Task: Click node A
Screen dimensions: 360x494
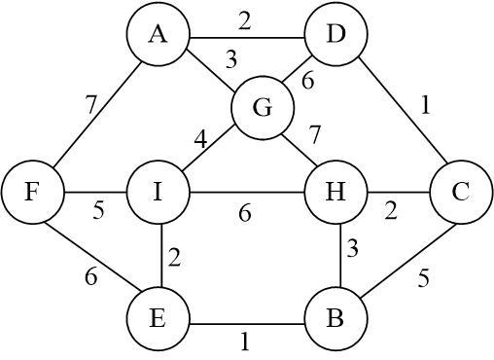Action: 156,36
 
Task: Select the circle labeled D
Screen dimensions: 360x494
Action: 335,36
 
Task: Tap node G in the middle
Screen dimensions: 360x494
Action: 261,107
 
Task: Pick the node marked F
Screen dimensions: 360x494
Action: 32,192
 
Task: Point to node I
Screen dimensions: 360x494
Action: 156,192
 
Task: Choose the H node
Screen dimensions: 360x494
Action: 335,192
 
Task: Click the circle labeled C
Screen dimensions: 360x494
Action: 461,192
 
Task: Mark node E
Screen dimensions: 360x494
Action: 156,317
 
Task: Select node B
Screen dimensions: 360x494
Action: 335,317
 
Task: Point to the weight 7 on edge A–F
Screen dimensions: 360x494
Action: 90,103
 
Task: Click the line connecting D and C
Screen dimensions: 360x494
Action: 399,115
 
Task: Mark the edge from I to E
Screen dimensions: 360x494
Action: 156,255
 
